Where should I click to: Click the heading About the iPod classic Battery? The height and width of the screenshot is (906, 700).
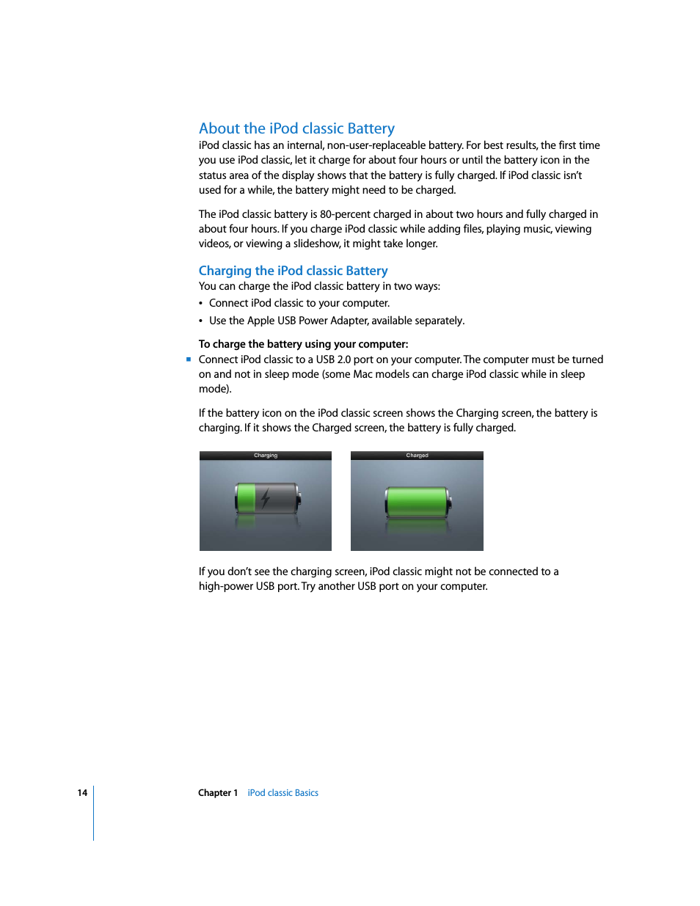296,128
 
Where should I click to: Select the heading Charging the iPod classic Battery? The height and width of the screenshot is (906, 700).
293,271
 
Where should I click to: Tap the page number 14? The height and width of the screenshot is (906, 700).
82,793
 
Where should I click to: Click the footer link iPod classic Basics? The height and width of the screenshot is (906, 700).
282,793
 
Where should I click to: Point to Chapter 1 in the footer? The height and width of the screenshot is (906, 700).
218,793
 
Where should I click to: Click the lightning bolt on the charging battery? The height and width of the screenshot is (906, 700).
266,498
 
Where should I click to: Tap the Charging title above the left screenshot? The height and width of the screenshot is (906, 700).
266,456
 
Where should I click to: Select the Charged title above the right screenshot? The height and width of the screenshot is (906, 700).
417,456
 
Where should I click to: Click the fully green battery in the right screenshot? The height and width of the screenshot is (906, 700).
418,502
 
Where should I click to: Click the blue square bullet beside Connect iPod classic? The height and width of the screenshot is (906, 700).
189,359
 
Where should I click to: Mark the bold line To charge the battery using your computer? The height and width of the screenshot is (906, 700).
303,344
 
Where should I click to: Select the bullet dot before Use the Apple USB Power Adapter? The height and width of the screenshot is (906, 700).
201,321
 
